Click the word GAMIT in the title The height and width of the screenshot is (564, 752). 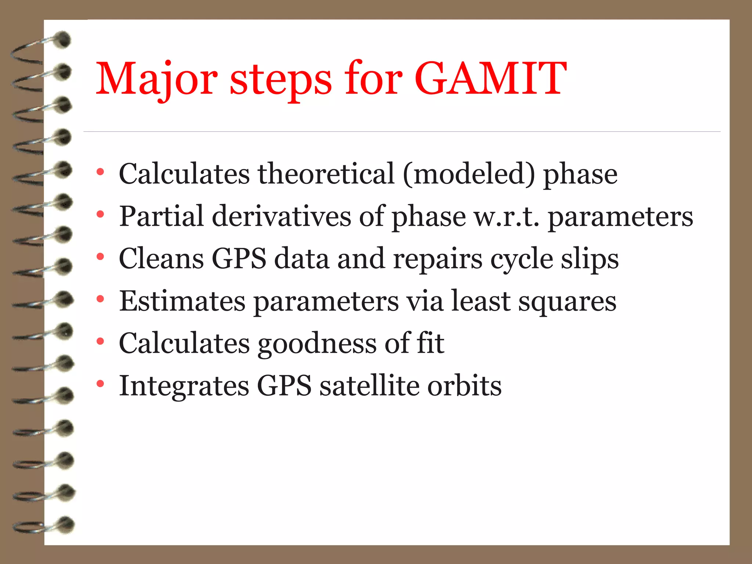pos(491,79)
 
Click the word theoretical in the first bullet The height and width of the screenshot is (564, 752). pos(326,173)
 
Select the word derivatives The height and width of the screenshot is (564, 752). pos(281,216)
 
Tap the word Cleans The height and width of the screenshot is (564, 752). pos(161,258)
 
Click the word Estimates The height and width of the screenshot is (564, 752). pos(182,301)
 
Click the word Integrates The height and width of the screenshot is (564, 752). pos(184,386)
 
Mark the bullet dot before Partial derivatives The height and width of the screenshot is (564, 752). pos(100,214)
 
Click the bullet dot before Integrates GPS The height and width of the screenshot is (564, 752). pos(100,384)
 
